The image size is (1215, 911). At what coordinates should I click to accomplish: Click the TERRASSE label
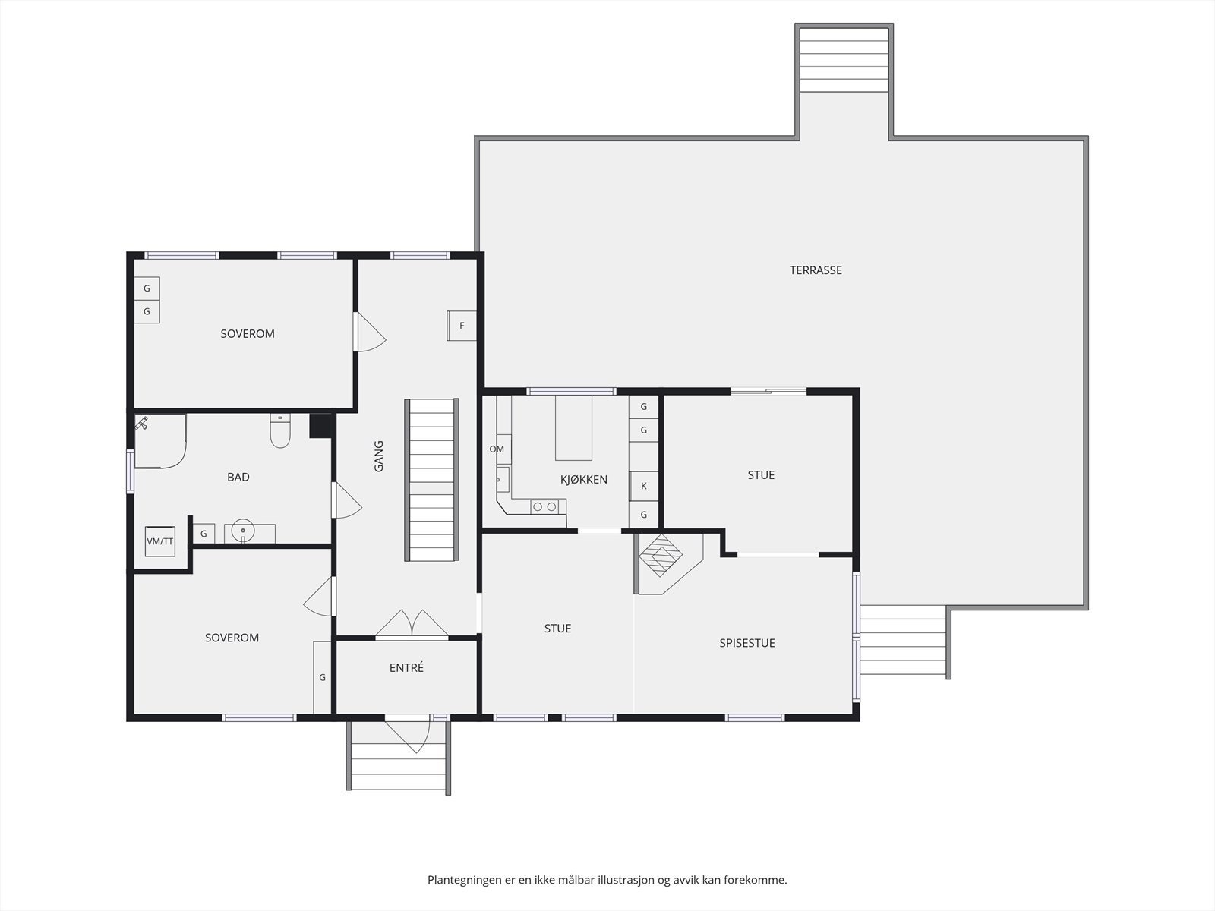pyautogui.click(x=816, y=270)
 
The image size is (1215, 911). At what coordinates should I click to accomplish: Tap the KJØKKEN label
pyautogui.click(x=583, y=479)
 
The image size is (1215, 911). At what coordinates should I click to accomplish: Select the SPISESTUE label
pyautogui.click(x=746, y=643)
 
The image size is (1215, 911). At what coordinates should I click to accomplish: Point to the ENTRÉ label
pyautogui.click(x=406, y=667)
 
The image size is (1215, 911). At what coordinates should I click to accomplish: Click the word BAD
pyautogui.click(x=238, y=477)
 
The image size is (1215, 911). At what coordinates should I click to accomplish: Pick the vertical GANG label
pyautogui.click(x=379, y=456)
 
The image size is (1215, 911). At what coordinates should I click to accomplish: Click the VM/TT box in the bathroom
pyautogui.click(x=160, y=541)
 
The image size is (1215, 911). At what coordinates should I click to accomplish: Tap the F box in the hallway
pyautogui.click(x=462, y=326)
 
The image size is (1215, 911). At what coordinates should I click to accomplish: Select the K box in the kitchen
pyautogui.click(x=643, y=486)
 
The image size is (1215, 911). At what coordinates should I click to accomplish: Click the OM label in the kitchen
pyautogui.click(x=497, y=449)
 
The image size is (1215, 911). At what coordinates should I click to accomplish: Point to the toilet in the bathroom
pyautogui.click(x=280, y=430)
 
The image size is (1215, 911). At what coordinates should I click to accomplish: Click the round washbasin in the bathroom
pyautogui.click(x=242, y=531)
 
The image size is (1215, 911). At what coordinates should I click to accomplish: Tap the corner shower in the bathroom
pyautogui.click(x=160, y=441)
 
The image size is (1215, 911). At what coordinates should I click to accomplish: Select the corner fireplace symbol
pyautogui.click(x=661, y=556)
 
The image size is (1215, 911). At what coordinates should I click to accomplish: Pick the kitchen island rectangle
pyautogui.click(x=573, y=427)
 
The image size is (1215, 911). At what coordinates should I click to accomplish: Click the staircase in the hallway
pyautogui.click(x=432, y=480)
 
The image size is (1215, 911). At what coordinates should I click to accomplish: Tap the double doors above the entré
pyautogui.click(x=412, y=623)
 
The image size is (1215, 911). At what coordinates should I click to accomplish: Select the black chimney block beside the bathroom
pyautogui.click(x=320, y=426)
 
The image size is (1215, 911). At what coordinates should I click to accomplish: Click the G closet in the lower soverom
pyautogui.click(x=322, y=678)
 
